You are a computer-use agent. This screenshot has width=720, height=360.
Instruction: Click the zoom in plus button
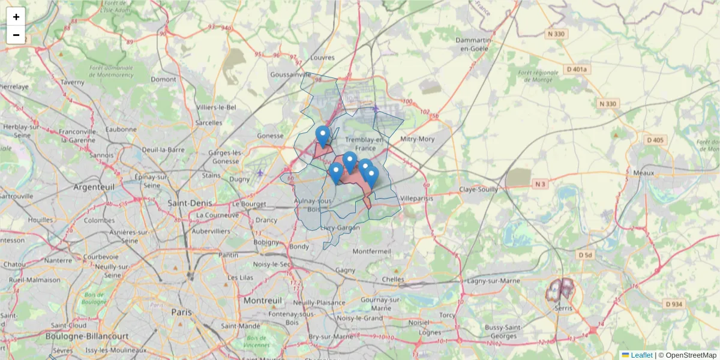[x=16, y=17]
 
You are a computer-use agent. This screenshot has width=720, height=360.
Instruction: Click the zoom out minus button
[x=16, y=35]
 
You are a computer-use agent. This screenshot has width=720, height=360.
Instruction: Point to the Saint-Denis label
[x=191, y=203]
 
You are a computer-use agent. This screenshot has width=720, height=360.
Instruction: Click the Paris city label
[x=181, y=312]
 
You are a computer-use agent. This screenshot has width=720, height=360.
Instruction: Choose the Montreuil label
[x=262, y=299]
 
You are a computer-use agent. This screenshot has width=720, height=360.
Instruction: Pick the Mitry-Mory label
[x=417, y=139]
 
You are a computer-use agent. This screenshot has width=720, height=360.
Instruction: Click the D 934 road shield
[x=674, y=304]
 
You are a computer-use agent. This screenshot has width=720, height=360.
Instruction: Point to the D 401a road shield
[x=577, y=70]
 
